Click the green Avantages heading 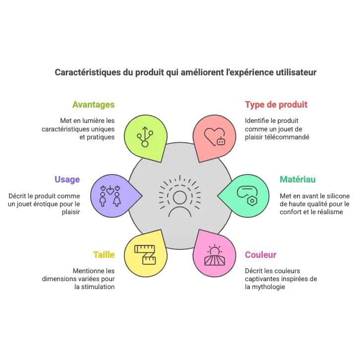coord(93,105)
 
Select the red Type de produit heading coord(276,105)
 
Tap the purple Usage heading coord(67,180)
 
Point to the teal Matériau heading coord(298,180)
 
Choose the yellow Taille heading coord(104,255)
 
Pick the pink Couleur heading coord(261,255)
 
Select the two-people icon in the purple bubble coord(110,195)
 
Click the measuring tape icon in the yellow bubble coord(145,254)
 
